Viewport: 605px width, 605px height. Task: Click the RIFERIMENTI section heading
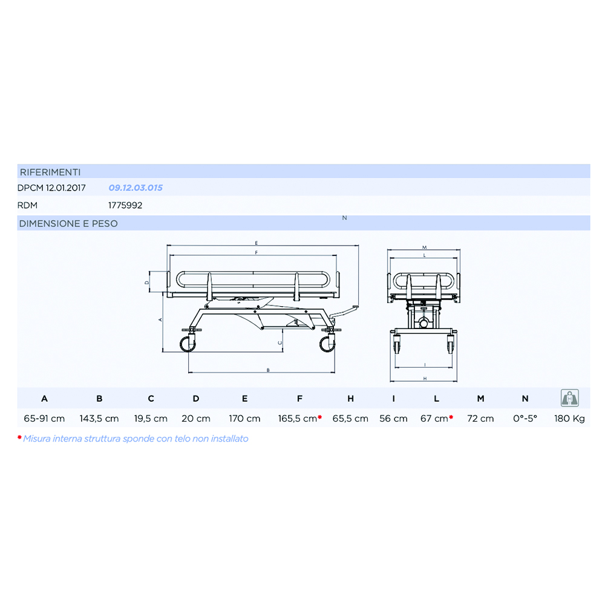[x=50, y=172]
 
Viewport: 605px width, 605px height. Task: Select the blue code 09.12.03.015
[x=135, y=188]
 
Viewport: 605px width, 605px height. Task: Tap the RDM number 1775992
[x=125, y=205]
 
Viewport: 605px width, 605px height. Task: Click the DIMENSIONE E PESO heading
[x=68, y=223]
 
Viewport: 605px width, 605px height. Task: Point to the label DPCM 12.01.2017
[x=51, y=188]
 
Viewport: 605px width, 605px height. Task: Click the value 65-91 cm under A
[x=44, y=419]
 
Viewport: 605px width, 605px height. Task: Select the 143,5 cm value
[x=99, y=419]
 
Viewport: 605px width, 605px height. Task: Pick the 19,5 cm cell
[x=151, y=419]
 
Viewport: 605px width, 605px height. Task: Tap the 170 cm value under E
[x=244, y=419]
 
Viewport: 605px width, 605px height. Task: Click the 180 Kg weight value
[x=569, y=419]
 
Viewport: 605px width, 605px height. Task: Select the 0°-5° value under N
[x=525, y=419]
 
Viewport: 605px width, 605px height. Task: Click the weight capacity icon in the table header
[x=569, y=398]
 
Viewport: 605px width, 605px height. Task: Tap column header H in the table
[x=350, y=399]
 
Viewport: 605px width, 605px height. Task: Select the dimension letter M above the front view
[x=425, y=247]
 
